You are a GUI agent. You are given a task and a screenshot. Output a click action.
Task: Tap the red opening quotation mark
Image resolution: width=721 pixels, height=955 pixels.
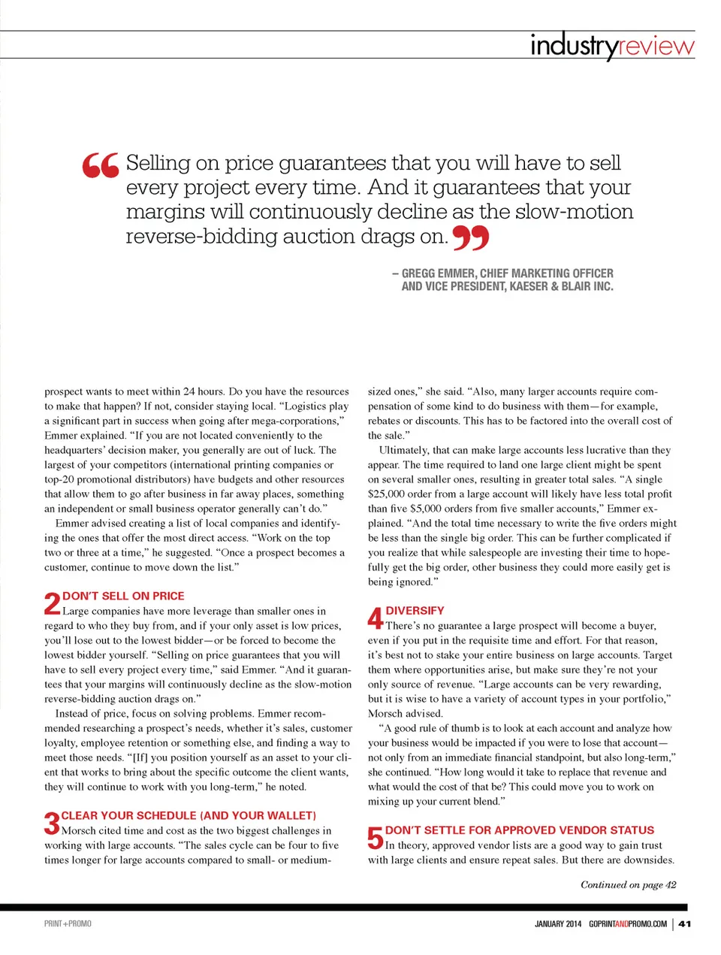100,165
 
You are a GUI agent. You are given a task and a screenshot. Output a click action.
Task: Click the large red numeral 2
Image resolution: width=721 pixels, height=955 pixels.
52,603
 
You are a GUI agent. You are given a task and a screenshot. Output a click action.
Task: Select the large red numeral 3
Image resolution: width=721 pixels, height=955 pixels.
51,823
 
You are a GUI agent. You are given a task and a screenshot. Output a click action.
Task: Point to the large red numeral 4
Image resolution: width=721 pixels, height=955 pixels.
376,618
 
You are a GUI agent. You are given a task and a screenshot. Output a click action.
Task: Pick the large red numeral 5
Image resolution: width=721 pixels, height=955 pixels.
376,838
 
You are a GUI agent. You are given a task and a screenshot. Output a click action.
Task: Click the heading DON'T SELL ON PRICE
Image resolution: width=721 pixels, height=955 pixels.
123,596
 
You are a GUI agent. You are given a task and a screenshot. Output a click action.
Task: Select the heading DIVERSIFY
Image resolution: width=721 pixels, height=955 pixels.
415,611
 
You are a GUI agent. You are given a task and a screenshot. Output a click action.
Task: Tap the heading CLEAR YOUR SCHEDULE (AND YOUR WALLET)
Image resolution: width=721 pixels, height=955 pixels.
189,815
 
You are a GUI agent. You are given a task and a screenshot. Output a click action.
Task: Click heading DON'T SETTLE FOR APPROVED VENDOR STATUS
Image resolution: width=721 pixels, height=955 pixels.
520,830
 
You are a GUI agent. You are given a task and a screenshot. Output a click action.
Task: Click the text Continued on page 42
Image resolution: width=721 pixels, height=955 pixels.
628,884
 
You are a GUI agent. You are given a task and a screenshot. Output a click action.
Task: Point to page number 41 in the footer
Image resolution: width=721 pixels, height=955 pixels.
684,923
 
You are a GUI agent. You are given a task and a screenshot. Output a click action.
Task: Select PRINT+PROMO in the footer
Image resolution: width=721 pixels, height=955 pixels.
68,923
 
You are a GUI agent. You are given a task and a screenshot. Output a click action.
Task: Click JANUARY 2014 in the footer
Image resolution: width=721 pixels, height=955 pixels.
558,923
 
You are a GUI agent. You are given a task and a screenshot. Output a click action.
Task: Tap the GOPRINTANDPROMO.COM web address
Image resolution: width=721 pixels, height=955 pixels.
628,923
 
